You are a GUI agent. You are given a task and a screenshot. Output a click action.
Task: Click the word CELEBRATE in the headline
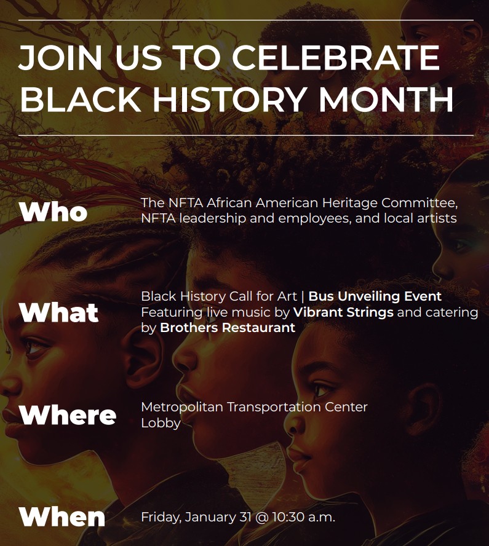(336, 58)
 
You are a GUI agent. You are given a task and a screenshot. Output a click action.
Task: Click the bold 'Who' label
(54, 212)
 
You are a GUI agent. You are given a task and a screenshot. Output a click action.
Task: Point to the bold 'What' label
(59, 312)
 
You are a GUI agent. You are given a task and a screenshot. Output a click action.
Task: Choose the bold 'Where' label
(68, 415)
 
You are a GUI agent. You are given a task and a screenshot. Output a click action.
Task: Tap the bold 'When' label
(62, 517)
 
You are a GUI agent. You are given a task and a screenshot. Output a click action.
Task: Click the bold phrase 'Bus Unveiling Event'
(375, 296)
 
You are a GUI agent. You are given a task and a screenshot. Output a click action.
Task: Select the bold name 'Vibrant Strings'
(343, 312)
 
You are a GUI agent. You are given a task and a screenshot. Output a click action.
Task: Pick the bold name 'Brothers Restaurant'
(228, 327)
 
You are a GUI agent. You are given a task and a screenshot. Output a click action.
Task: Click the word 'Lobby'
(161, 423)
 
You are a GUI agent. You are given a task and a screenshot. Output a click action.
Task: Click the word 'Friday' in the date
(160, 517)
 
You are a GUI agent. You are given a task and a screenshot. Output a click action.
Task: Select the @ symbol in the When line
(261, 517)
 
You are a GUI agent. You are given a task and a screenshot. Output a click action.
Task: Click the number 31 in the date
(245, 517)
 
